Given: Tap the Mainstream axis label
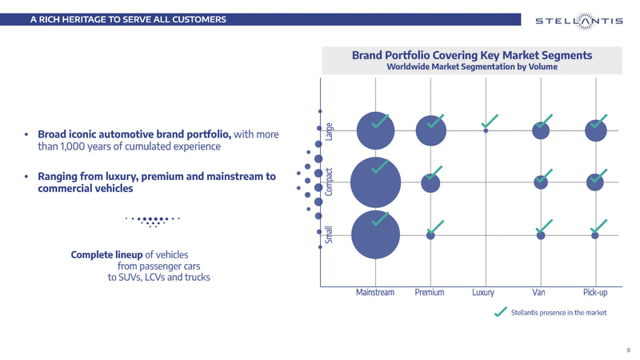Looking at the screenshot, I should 375,293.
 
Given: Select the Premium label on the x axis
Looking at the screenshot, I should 430,293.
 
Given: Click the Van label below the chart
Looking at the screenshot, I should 539,293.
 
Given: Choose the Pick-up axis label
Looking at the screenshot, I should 594,293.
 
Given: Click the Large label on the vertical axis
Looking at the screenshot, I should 329,130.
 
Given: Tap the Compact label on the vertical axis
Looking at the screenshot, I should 329,183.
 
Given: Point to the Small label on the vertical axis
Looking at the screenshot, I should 329,235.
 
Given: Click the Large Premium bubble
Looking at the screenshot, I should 431,130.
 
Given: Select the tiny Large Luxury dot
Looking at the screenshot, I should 486,130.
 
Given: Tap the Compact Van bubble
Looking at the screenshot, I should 541,182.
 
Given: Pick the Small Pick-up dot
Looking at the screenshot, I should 595,235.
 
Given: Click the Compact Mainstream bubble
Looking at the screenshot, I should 375,182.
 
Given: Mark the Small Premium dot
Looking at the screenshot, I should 430,235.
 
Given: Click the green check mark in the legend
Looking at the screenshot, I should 501,310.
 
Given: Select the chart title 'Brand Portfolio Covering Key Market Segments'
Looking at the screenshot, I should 472,55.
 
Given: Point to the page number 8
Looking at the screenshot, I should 627,350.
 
